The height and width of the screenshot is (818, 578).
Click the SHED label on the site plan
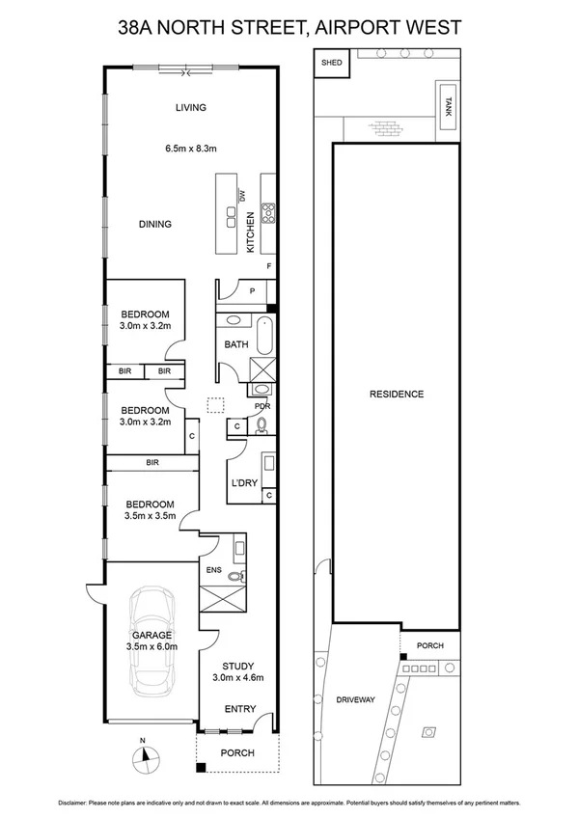pyautogui.click(x=332, y=63)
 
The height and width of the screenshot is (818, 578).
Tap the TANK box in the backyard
pyautogui.click(x=446, y=103)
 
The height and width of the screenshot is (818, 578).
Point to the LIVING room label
pyautogui.click(x=190, y=107)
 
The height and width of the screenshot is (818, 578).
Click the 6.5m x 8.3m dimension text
pyautogui.click(x=190, y=149)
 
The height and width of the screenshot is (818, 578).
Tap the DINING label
pyautogui.click(x=154, y=224)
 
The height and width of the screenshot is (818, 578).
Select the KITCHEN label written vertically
pyautogui.click(x=250, y=232)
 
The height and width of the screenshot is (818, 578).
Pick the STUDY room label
pyautogui.click(x=236, y=666)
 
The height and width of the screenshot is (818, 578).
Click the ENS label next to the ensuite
pyautogui.click(x=213, y=570)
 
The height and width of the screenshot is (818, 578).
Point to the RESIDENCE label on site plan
pyautogui.click(x=397, y=394)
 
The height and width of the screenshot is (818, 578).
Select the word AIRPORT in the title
pyautogui.click(x=357, y=30)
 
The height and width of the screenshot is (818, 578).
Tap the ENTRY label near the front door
pyautogui.click(x=240, y=709)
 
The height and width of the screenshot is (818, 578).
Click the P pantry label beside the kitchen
pyautogui.click(x=251, y=288)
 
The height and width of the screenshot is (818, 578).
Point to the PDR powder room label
pyautogui.click(x=261, y=406)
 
